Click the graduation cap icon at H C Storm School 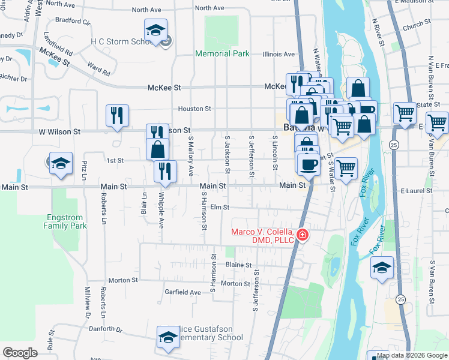point(155,31)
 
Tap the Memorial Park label point(222,54)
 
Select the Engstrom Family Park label point(65,221)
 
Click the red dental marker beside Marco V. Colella point(303,235)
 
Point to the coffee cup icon point(309,164)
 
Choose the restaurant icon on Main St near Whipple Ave point(165,171)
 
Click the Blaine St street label point(238,265)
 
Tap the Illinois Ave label point(279,54)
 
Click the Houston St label point(194,109)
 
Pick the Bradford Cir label point(71,22)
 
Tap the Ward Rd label point(98,68)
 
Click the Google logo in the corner point(20,352)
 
